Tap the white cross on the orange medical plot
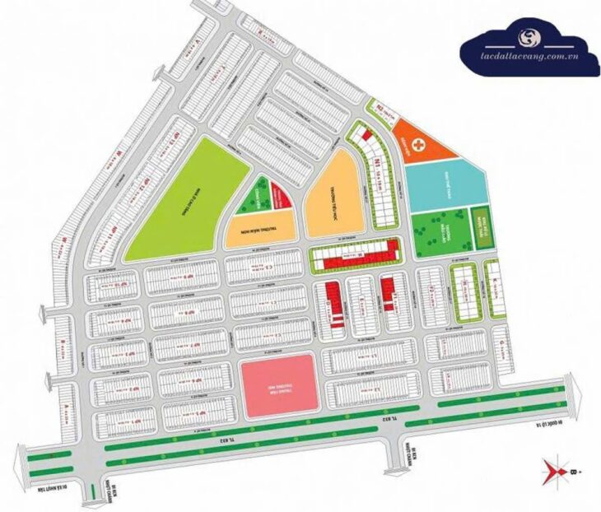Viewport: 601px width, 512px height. pyautogui.click(x=421, y=145)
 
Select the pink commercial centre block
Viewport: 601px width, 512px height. pyautogui.click(x=277, y=385)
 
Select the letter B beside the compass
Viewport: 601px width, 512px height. pyautogui.click(x=573, y=472)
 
